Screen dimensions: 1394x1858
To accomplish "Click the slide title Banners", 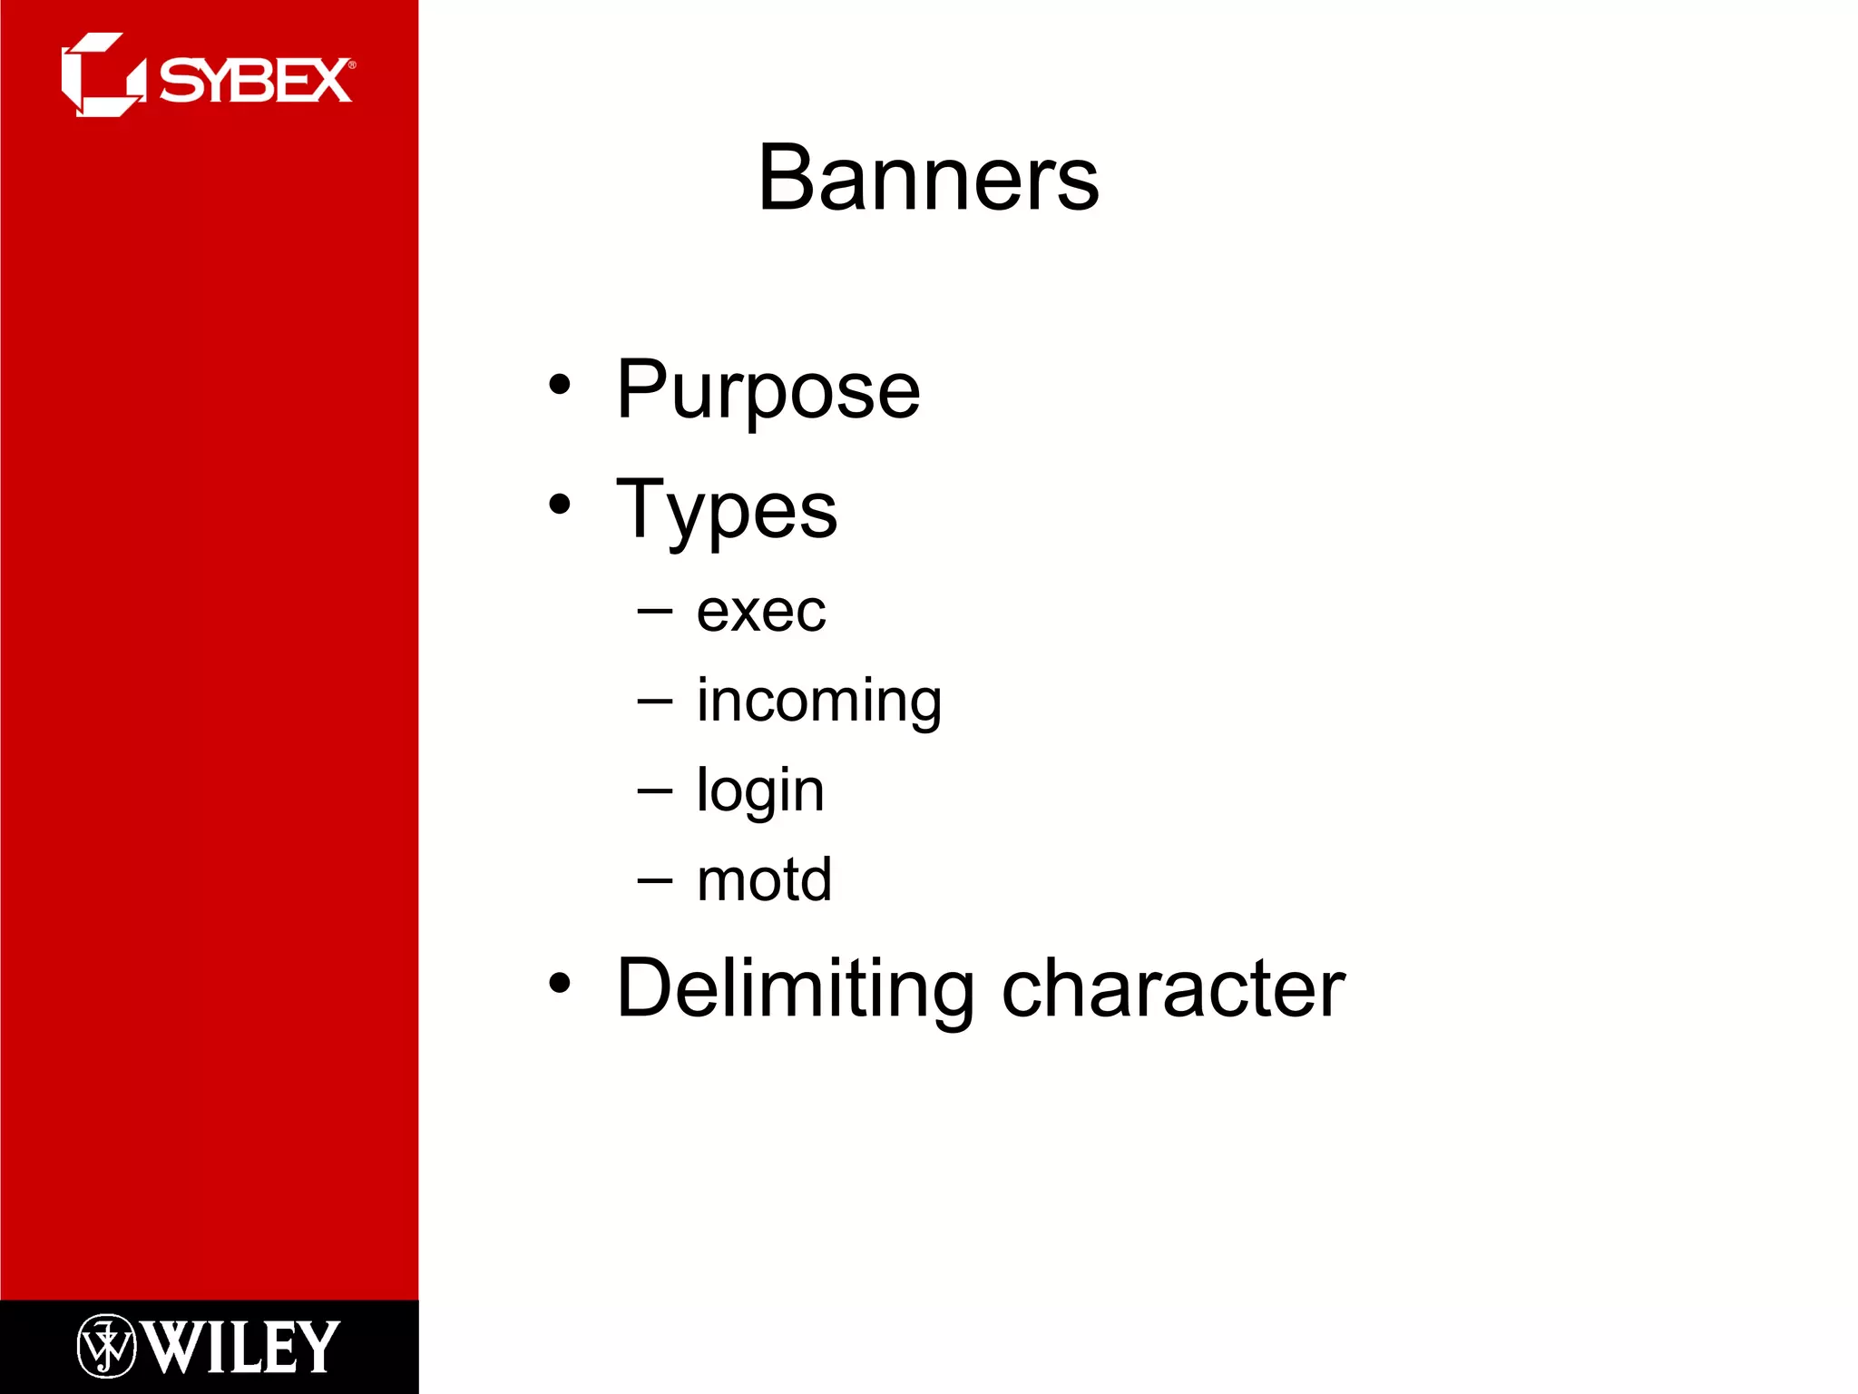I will (x=928, y=179).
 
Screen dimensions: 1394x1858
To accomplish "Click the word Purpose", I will (x=768, y=390).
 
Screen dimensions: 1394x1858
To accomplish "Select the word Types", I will (x=726, y=510).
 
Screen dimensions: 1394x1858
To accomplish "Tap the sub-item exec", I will (x=760, y=612).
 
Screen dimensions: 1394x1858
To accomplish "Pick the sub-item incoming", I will (x=818, y=702).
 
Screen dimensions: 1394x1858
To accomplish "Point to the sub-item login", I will (x=759, y=790).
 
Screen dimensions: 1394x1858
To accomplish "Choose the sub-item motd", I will (x=764, y=879).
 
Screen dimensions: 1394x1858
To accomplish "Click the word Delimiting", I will (x=795, y=988).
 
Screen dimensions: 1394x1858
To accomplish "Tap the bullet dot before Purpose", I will (x=560, y=385).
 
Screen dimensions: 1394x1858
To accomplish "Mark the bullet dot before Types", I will (x=560, y=505).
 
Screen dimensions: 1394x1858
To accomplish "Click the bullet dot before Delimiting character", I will (x=560, y=983).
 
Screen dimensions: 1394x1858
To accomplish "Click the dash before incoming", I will (x=655, y=702).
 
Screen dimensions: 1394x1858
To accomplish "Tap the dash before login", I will (x=655, y=790).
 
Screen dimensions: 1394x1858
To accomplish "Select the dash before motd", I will (x=655, y=879).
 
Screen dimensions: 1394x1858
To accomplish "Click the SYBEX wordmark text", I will (x=255, y=81).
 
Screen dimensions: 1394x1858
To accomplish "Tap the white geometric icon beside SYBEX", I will (x=102, y=75).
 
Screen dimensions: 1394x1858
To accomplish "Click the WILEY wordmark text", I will (x=241, y=1348).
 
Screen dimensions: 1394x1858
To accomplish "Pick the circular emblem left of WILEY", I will (x=106, y=1346).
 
